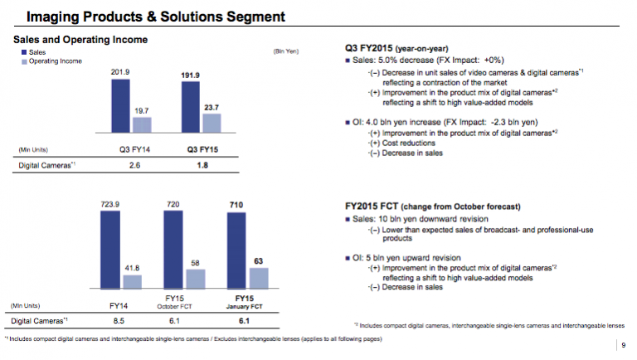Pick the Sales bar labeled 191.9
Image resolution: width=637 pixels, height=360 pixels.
191,108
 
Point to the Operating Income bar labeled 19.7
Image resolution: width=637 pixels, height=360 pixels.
142,125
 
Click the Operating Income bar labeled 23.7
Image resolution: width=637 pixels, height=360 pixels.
212,124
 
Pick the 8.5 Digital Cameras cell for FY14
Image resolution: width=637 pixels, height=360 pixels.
118,320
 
